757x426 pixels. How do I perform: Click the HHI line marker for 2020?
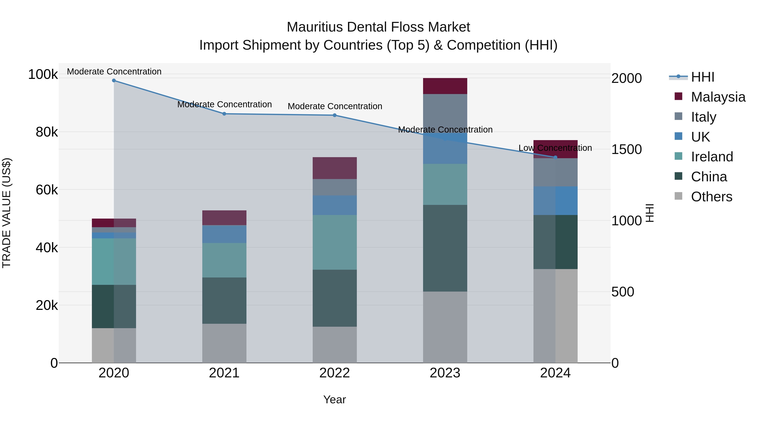114,80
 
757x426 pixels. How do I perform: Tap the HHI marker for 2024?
555,157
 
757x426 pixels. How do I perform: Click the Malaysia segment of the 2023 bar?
445,86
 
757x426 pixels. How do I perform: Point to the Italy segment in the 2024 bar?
555,172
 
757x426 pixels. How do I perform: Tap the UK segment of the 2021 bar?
224,234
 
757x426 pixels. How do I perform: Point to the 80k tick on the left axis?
47,132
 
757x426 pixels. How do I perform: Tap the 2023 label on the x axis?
445,373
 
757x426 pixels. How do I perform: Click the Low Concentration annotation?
555,148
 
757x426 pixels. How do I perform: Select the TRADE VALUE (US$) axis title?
7,213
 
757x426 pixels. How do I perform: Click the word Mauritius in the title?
314,27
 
